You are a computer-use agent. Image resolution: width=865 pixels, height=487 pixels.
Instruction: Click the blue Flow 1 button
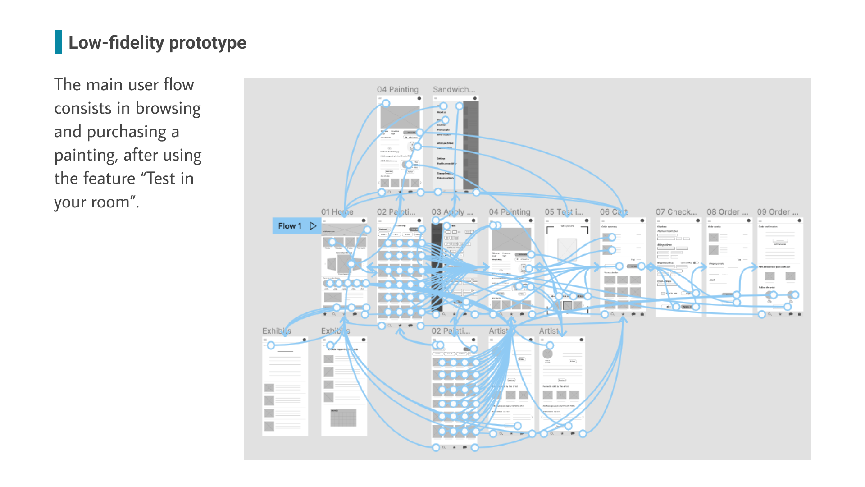[x=290, y=226]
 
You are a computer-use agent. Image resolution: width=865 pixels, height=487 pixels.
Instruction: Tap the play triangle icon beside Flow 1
[x=313, y=226]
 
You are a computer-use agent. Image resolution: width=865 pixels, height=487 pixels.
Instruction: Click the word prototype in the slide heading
[x=208, y=43]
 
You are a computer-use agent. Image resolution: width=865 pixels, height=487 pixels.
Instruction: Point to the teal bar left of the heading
[x=58, y=42]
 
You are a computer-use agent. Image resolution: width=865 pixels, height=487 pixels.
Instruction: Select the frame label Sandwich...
[x=454, y=89]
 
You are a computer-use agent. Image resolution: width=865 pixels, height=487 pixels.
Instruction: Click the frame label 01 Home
[x=337, y=212]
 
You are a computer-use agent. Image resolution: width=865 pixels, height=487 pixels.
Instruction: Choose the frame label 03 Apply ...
[x=452, y=212]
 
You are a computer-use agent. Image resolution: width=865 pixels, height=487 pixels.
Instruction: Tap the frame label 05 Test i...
[x=564, y=212]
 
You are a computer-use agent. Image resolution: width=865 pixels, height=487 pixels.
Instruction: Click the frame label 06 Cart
[x=614, y=212]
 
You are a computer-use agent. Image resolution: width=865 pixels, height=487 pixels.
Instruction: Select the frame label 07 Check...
[x=676, y=212]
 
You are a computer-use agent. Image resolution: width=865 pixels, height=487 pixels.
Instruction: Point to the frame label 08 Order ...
[x=727, y=212]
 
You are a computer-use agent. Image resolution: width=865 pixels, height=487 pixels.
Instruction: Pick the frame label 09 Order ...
[x=778, y=212]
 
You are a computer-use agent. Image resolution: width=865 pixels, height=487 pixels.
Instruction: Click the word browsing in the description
[x=168, y=108]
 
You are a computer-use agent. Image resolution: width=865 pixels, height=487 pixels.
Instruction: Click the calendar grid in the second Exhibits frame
[x=343, y=418]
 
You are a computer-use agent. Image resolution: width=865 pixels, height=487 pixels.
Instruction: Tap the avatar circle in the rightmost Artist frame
[x=548, y=354]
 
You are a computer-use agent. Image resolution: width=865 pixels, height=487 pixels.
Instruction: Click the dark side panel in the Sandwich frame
[x=471, y=144]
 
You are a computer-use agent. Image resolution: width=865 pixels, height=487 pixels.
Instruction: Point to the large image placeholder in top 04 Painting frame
[x=400, y=117]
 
